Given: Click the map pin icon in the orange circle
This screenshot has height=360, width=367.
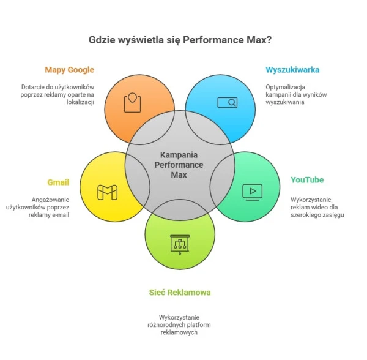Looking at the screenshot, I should pos(133,102).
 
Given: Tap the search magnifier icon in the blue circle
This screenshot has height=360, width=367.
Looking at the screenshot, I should pos(227,102).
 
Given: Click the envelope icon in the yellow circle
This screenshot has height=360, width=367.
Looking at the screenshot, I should pos(108,192).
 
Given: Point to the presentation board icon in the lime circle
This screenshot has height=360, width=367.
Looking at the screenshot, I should pos(180,243).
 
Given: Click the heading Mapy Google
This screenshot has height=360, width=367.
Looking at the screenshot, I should pos(70,70).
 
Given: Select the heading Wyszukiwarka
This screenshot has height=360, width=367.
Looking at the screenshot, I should pos(292,70).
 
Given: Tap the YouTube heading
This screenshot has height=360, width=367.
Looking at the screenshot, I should pos(307,180).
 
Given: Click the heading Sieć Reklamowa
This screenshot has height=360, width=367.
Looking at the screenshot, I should pos(180,293).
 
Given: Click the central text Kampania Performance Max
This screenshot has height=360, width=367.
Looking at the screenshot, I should pos(179,165).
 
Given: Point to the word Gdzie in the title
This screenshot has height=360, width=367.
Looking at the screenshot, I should pos(103,40).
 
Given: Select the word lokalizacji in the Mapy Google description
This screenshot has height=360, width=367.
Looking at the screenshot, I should pos(81,102).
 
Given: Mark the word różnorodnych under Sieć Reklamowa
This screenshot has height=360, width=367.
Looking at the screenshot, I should pos(169,325).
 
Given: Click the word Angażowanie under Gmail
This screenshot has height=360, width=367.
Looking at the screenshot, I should pos(51,200).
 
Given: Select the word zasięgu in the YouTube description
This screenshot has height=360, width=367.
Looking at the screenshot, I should pos(331,215).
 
